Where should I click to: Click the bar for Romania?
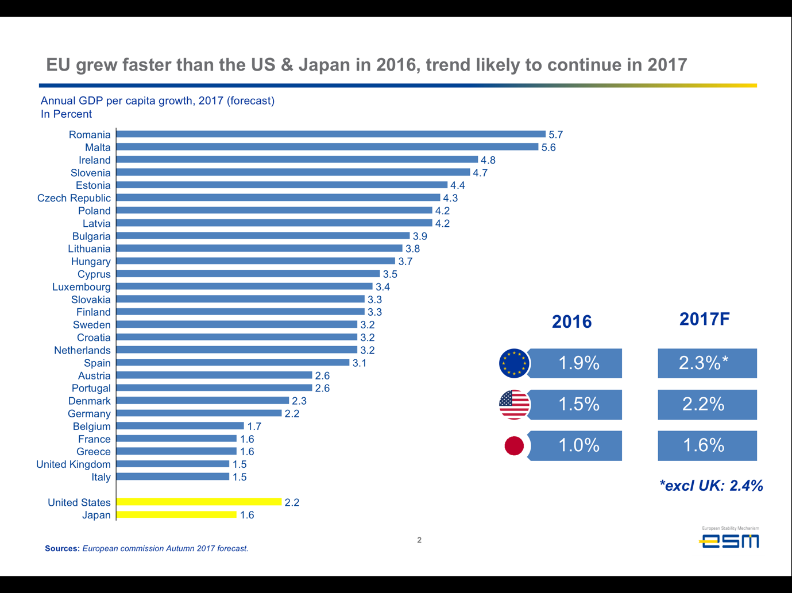[x=331, y=134]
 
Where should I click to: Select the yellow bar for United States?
[x=199, y=502]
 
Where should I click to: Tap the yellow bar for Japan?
[x=176, y=515]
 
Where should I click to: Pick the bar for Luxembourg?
[x=244, y=286]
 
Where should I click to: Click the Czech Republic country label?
[x=74, y=198]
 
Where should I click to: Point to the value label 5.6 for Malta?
[x=548, y=148]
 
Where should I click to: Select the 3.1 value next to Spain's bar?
[x=360, y=363]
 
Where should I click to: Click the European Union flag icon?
[x=514, y=363]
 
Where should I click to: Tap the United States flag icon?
[x=514, y=404]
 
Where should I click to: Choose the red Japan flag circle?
[x=514, y=445]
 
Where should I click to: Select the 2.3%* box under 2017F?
[x=706, y=363]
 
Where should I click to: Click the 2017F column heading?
[x=704, y=319]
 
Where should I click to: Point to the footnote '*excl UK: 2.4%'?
[x=711, y=486]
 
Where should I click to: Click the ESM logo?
[x=729, y=540]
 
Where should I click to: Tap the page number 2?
[x=419, y=540]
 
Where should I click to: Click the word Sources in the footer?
[x=62, y=549]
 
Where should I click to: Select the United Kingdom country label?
[x=74, y=464]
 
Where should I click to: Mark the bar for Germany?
[x=199, y=413]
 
